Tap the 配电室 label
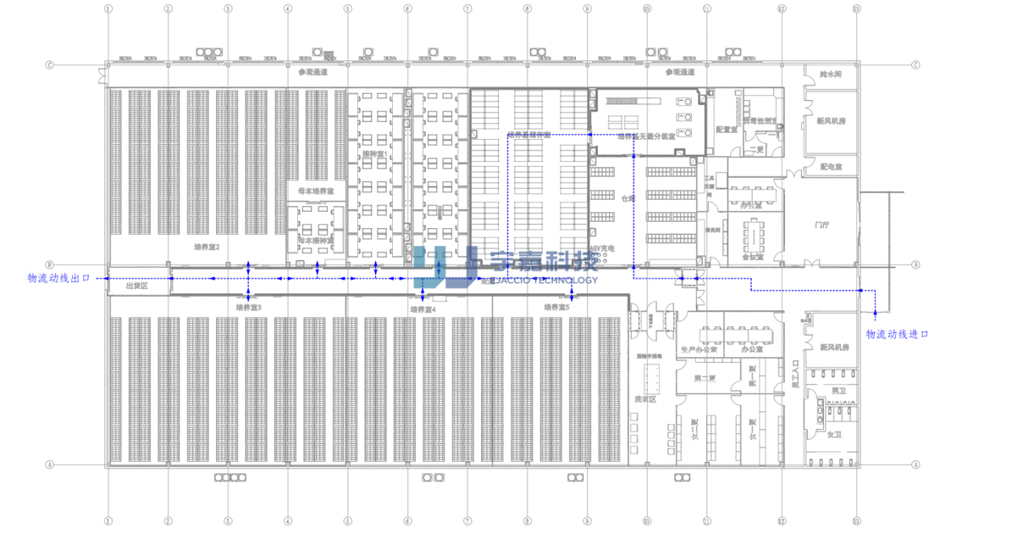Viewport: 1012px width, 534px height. (x=829, y=167)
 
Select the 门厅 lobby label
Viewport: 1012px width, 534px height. (x=821, y=225)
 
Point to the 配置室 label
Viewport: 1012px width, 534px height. (x=725, y=130)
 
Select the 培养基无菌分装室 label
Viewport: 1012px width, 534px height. (x=645, y=136)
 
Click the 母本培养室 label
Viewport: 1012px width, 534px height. (x=315, y=192)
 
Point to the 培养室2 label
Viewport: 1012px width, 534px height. (x=207, y=248)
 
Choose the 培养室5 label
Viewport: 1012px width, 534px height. (x=556, y=308)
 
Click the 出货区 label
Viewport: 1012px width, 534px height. (x=136, y=286)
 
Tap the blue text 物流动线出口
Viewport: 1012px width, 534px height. (x=58, y=278)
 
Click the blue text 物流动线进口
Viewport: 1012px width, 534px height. (x=897, y=335)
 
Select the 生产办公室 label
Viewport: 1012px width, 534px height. (x=699, y=349)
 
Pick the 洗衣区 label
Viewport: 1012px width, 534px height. (x=645, y=398)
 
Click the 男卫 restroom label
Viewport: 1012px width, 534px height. (x=837, y=391)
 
